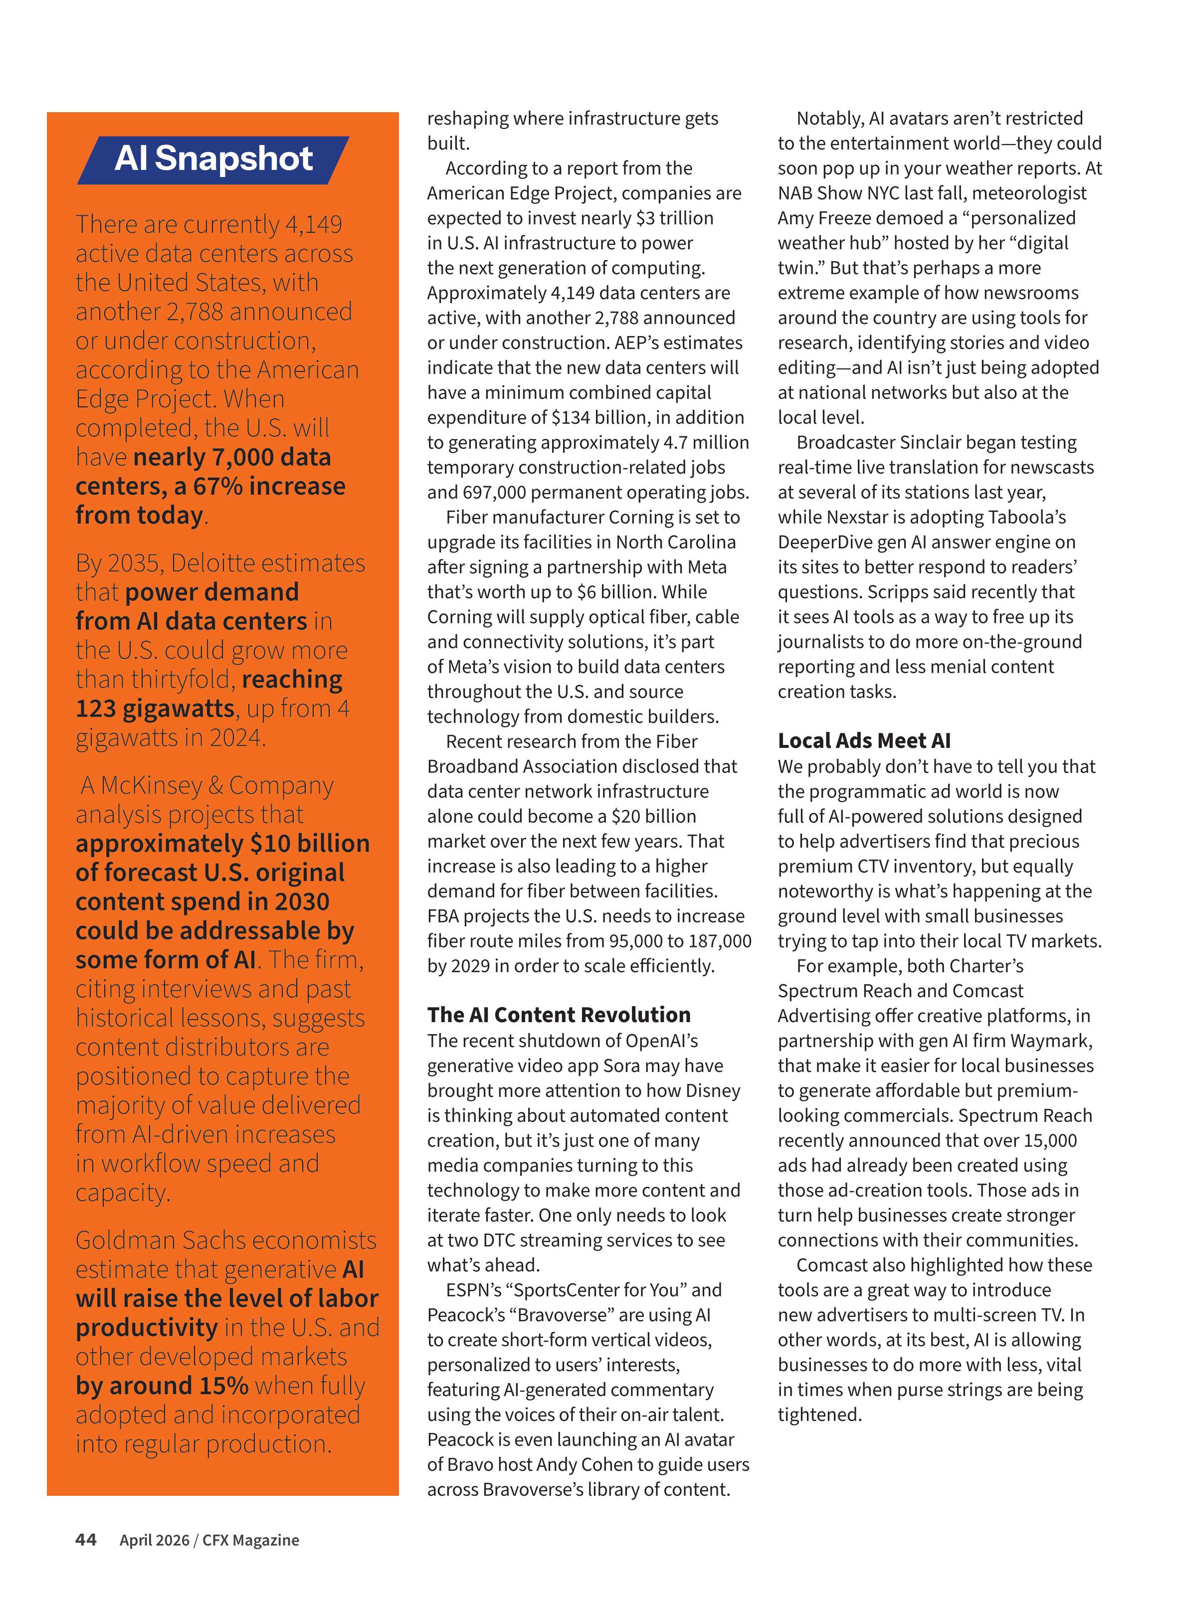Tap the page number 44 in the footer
tap(86, 1540)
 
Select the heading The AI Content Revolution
tap(559, 1014)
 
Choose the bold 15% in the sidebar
tap(223, 1385)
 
